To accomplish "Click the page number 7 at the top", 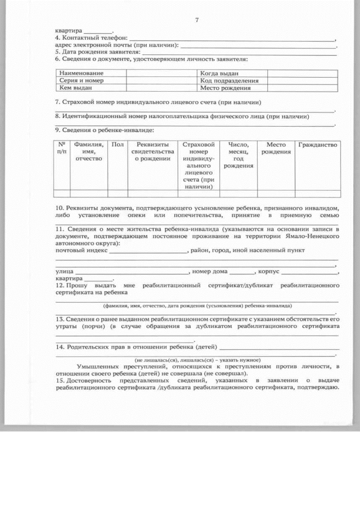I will click(197, 20).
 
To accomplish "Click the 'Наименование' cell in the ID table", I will click(82, 74).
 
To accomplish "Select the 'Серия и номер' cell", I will click(82, 81).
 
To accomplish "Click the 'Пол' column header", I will click(118, 145).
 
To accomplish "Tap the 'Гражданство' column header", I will click(318, 145).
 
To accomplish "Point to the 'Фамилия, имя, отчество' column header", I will click(88, 152).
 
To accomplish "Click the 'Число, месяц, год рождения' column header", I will click(238, 155).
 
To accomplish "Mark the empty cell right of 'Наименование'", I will click(161, 74).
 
